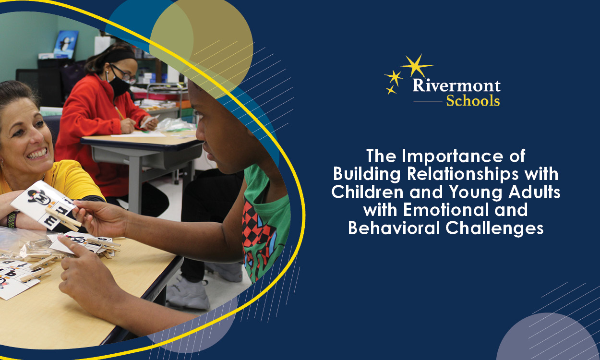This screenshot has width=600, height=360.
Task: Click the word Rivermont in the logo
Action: pyautogui.click(x=456, y=86)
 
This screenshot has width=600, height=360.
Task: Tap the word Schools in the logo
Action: pyautogui.click(x=472, y=101)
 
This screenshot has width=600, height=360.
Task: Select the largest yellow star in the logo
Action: pyautogui.click(x=416, y=66)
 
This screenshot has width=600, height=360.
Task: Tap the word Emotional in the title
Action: pyautogui.click(x=444, y=210)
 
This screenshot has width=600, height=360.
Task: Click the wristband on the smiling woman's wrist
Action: pyautogui.click(x=11, y=219)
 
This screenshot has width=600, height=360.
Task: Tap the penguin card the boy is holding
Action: pyautogui.click(x=36, y=197)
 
